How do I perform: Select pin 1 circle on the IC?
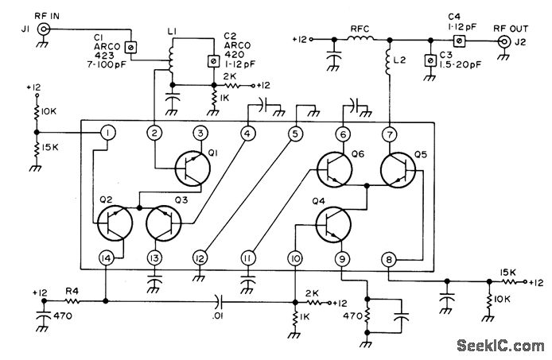106,134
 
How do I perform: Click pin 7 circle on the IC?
389,134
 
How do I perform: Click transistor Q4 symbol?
332,224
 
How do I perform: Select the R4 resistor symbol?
73,301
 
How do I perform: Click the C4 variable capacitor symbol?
459,38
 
